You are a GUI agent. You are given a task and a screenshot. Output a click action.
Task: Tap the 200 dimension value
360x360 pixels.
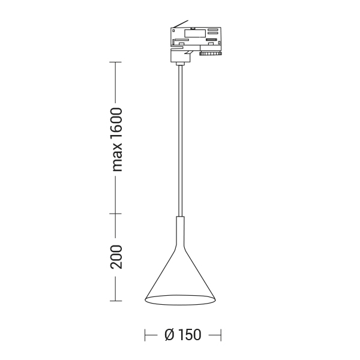click(116, 257)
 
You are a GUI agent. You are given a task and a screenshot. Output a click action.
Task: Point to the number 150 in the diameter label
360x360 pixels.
click(190, 335)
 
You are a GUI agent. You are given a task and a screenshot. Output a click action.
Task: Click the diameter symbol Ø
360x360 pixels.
click(170, 335)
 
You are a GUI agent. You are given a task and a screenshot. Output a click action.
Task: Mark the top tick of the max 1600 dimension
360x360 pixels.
click(115, 62)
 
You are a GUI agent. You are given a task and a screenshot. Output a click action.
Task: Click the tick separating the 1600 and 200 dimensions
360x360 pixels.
click(115, 214)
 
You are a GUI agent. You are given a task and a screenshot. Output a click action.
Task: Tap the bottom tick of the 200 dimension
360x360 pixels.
click(116, 301)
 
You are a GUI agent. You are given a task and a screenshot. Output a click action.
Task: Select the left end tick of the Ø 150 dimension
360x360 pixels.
click(145, 335)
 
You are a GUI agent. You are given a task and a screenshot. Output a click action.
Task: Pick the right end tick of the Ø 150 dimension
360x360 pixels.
click(221, 335)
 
